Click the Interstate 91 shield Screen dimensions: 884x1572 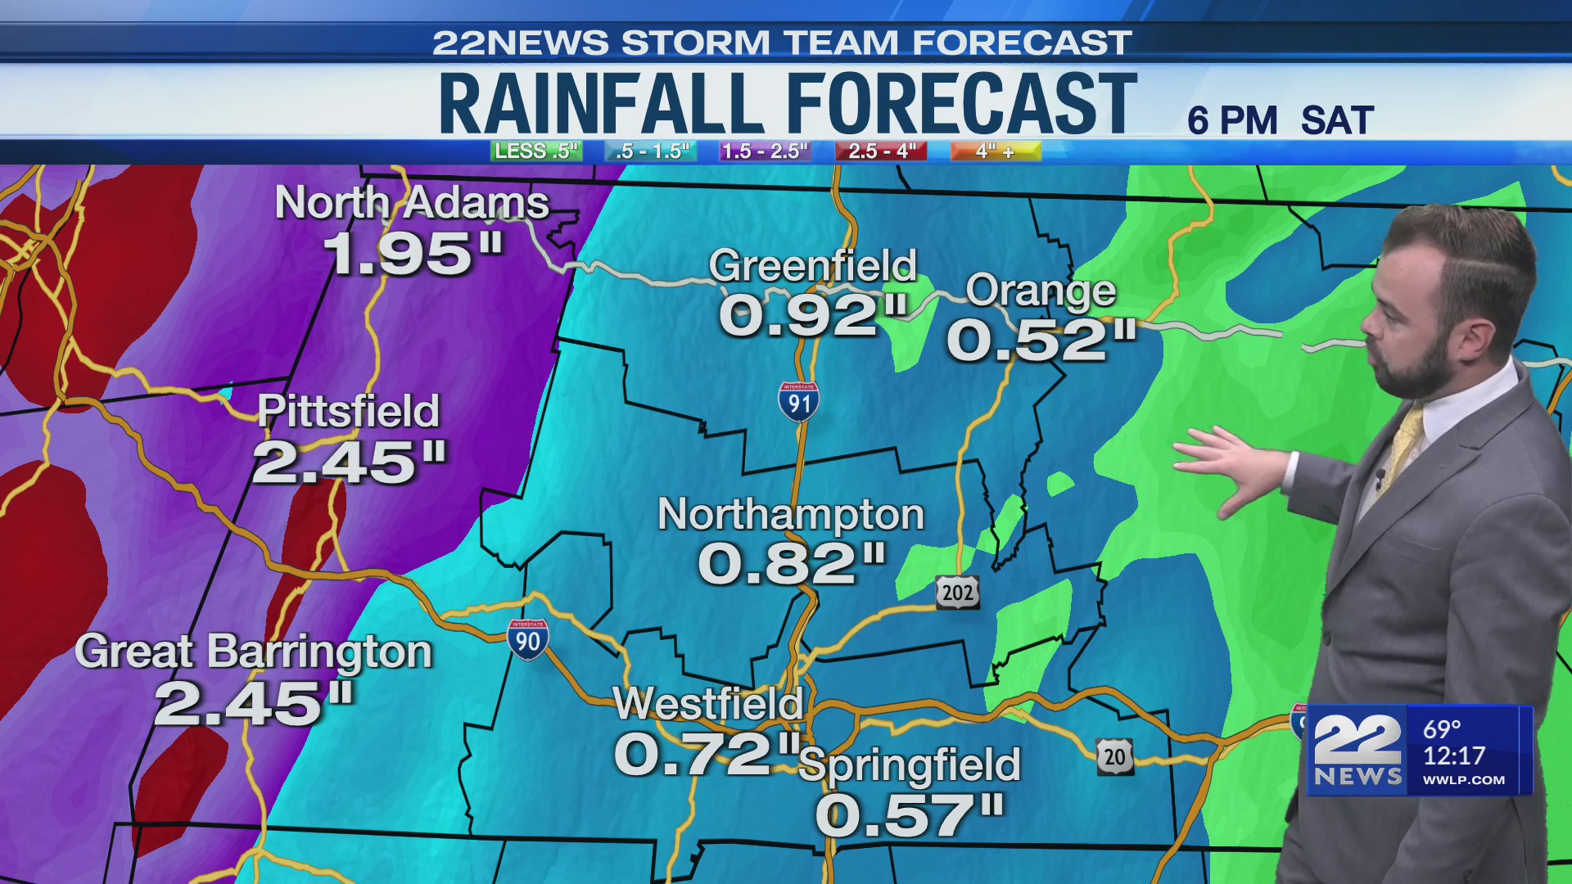[798, 402]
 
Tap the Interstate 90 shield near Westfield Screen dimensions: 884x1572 [527, 640]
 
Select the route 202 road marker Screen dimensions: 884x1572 [957, 592]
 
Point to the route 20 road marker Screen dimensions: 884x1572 [1115, 757]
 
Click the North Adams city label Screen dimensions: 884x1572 [411, 202]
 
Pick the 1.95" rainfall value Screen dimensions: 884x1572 [413, 254]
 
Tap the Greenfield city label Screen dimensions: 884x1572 [812, 265]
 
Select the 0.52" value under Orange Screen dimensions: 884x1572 [1041, 340]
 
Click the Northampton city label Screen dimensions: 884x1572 [790, 514]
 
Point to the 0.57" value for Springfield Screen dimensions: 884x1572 [909, 815]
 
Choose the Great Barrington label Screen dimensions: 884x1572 [253, 652]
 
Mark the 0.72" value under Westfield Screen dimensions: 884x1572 [706, 754]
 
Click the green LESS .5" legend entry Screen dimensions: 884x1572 [536, 151]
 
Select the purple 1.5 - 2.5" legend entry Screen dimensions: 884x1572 [765, 151]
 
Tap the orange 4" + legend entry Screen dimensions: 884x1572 [995, 151]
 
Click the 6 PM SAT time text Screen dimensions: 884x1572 [1280, 121]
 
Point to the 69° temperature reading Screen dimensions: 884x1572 [1442, 728]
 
